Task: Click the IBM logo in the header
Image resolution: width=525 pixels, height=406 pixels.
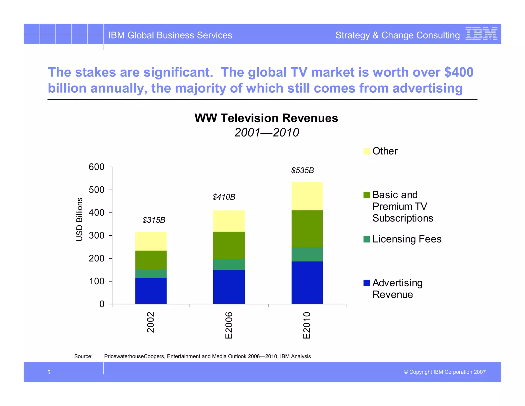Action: tap(481, 34)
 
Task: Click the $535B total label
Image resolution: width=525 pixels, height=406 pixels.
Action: tap(302, 170)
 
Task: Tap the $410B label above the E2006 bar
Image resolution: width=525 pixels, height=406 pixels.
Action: tap(224, 197)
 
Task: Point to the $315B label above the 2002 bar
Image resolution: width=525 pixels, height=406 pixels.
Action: tap(154, 220)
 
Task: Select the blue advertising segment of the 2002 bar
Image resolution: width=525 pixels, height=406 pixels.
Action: tap(151, 291)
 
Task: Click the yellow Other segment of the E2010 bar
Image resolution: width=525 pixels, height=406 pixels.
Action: tap(307, 196)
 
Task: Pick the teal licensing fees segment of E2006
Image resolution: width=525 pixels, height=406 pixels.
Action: tap(229, 264)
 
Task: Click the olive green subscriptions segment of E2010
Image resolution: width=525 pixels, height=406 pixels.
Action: tap(307, 229)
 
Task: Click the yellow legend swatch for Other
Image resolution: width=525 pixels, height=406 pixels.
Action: tap(367, 151)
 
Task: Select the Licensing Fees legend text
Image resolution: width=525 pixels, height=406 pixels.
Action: tap(407, 239)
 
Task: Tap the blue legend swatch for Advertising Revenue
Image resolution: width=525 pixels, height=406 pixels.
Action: tap(367, 283)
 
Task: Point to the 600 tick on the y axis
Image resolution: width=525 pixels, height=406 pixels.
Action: tap(97, 167)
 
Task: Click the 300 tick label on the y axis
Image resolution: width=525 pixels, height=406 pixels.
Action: tap(97, 236)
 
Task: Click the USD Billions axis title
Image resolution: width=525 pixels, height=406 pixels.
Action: tap(79, 219)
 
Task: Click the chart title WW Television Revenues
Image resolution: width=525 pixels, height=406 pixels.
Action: tap(266, 118)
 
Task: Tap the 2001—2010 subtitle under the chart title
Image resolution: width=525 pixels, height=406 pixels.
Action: tap(267, 133)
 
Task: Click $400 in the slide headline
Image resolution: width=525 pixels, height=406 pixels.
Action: tap(459, 72)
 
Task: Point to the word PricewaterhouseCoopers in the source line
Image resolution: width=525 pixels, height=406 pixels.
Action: tap(135, 356)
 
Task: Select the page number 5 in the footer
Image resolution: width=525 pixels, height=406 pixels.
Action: tap(49, 372)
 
